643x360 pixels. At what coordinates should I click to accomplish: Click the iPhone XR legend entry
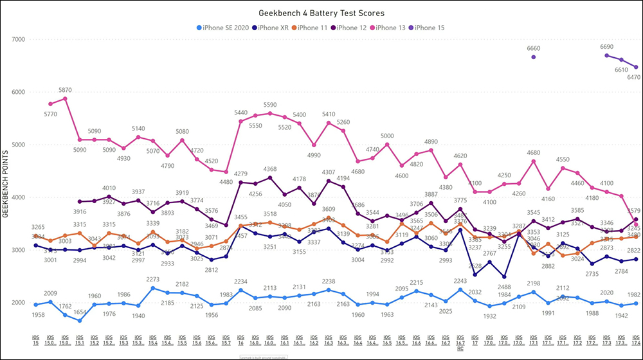click(273, 28)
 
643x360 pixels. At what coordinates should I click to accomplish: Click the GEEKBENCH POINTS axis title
click(6, 184)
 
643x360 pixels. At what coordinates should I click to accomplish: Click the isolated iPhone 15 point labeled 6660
click(534, 57)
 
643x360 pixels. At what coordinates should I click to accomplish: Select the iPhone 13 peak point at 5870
click(65, 98)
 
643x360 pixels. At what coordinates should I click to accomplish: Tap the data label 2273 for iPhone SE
click(152, 280)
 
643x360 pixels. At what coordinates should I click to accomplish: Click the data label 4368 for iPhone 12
click(269, 170)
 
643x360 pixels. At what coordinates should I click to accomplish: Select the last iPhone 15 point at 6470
click(636, 67)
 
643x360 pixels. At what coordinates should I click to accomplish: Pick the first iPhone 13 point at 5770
click(50, 104)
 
